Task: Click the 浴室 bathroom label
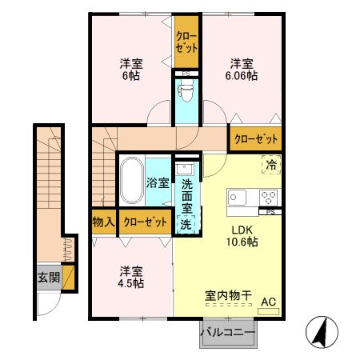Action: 157,182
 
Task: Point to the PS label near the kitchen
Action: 271,212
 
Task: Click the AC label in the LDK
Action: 268,302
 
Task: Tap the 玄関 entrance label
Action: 47,278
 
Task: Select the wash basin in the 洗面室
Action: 185,170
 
